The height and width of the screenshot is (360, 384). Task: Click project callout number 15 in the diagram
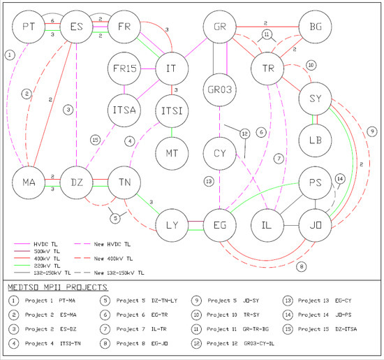click(x=94, y=140)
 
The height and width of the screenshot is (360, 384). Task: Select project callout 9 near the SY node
click(x=371, y=131)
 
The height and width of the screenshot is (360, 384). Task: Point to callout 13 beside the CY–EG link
click(x=208, y=181)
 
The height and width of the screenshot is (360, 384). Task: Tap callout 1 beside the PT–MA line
click(x=9, y=53)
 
